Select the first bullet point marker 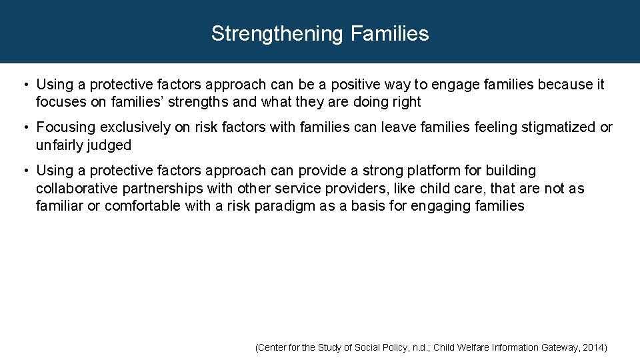[24, 85]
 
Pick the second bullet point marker [24, 127]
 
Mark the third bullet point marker [24, 171]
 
